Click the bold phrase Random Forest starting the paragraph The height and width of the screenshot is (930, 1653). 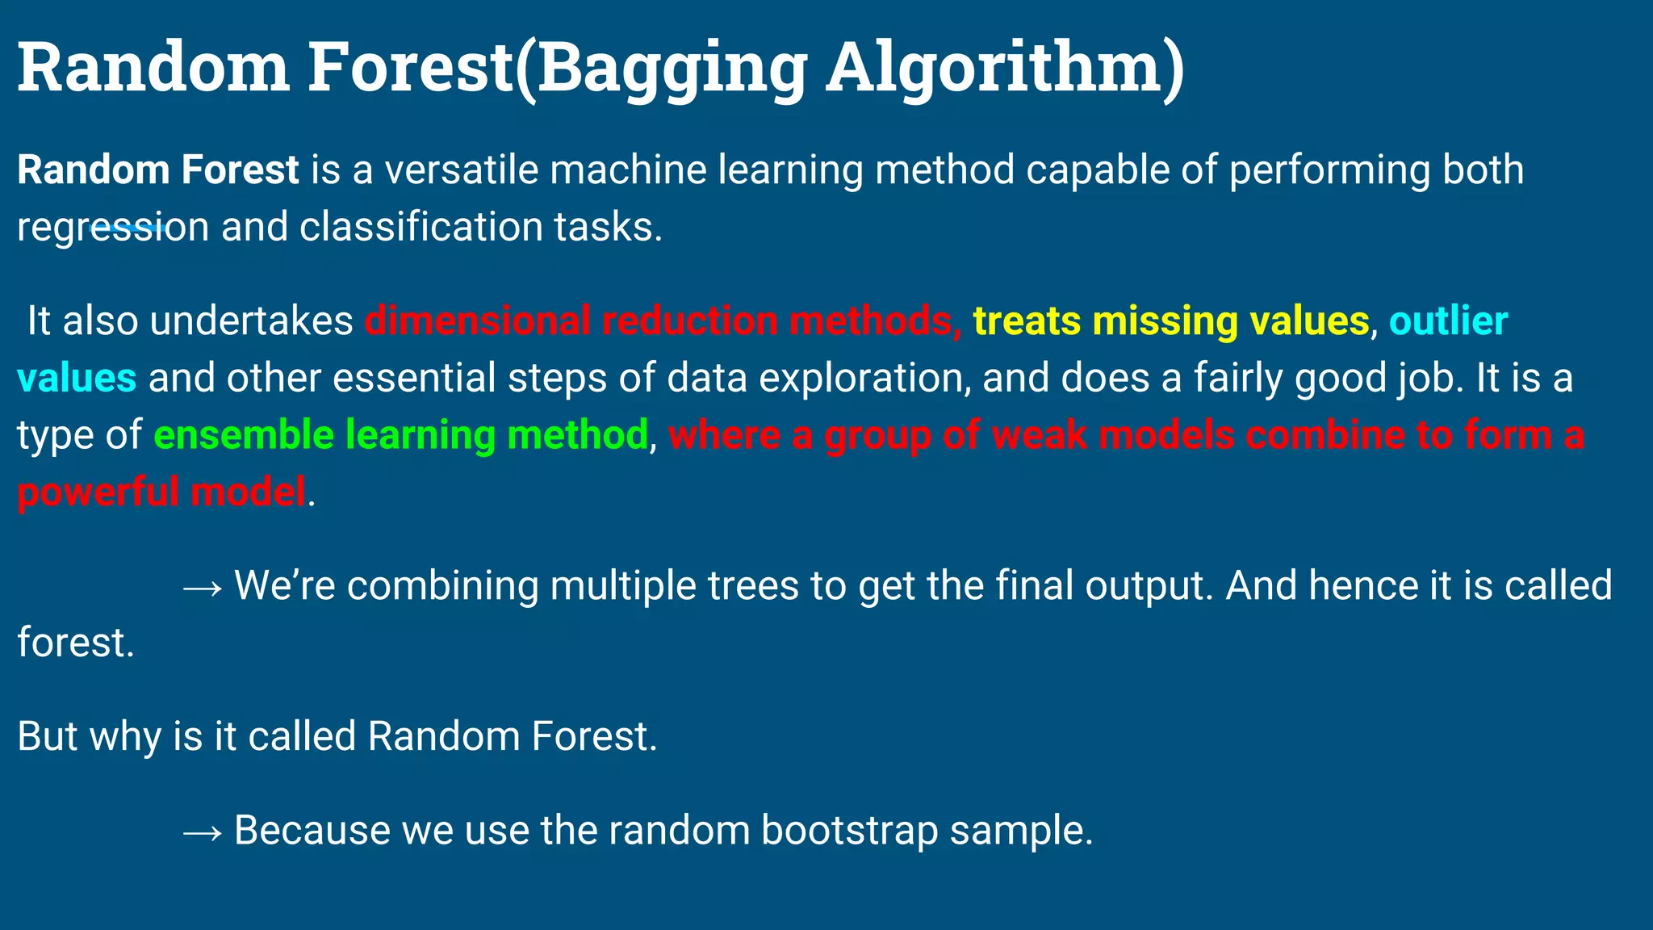158,170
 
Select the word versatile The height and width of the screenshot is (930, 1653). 461,170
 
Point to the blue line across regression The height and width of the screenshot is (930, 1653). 129,229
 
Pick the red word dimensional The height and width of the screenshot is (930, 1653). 478,321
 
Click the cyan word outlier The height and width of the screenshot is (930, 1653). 1448,321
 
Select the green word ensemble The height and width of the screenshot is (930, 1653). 243,435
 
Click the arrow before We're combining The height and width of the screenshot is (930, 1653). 202,587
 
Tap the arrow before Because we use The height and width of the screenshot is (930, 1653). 202,832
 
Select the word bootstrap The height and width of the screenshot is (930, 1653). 849,831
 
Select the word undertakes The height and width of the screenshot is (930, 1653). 251,321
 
